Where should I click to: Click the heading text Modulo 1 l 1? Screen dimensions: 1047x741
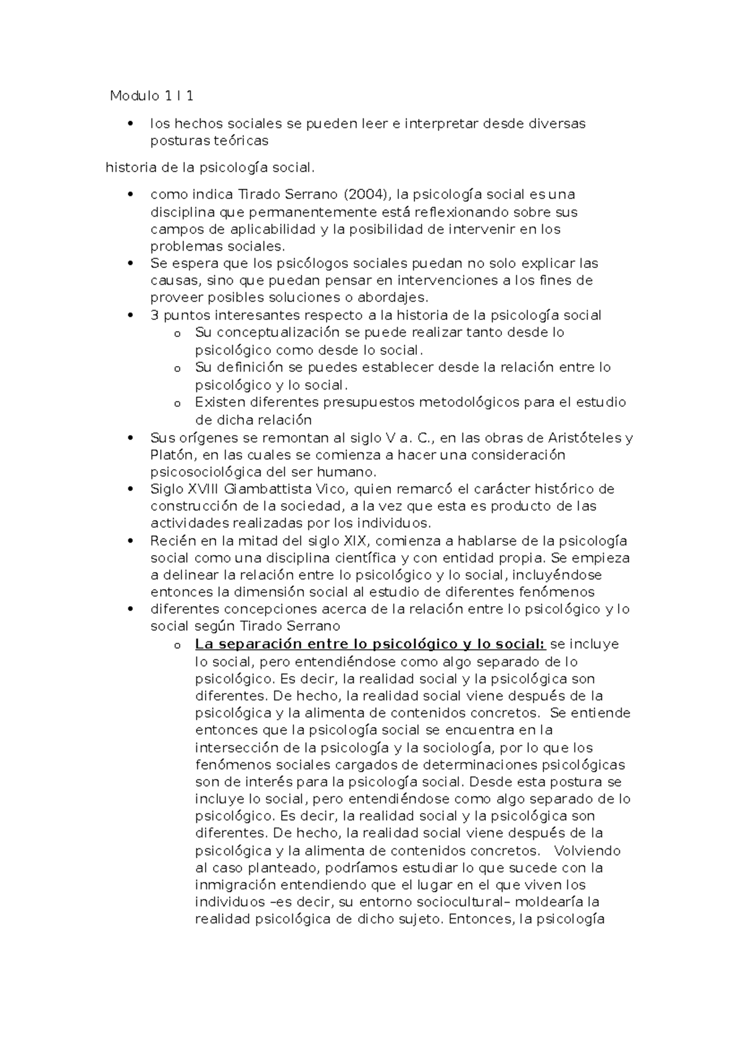pyautogui.click(x=152, y=96)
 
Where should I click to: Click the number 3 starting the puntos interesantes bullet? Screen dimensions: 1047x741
pyautogui.click(x=154, y=315)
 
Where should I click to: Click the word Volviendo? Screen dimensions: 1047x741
pyautogui.click(x=587, y=850)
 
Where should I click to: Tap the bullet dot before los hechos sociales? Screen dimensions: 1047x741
pyautogui.click(x=129, y=123)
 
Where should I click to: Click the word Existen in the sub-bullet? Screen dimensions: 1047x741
pyautogui.click(x=220, y=403)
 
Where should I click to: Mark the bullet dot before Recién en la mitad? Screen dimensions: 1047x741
pyautogui.click(x=129, y=541)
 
